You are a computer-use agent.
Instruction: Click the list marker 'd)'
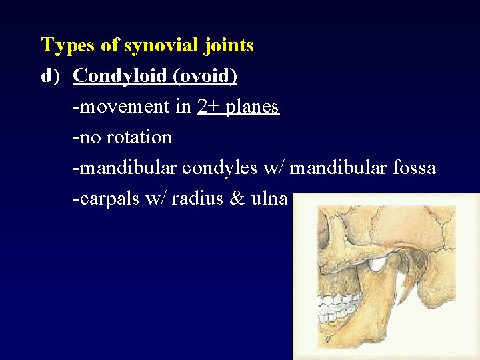tap(51, 76)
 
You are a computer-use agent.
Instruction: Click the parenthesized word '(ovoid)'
tap(205, 76)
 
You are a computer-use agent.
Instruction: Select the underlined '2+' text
tap(208, 107)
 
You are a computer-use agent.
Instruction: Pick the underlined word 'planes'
tap(252, 107)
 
